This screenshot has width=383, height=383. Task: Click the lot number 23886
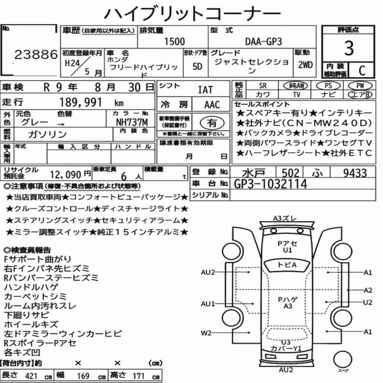(x=36, y=54)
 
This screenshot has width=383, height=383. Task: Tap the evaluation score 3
(x=349, y=48)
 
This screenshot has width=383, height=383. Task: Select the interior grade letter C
(x=362, y=70)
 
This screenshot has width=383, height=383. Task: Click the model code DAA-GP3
(x=264, y=41)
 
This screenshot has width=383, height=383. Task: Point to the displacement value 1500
(x=174, y=41)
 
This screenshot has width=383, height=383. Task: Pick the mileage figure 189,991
(x=80, y=102)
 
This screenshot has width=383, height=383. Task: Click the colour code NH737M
(x=132, y=122)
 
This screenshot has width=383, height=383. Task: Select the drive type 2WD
(x=305, y=65)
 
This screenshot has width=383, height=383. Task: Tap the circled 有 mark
(x=212, y=123)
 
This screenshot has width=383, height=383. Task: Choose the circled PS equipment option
(x=328, y=85)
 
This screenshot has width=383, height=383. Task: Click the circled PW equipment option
(x=360, y=85)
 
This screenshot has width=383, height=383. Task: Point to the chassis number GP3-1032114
(x=270, y=184)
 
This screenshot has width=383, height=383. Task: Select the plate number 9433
(x=355, y=173)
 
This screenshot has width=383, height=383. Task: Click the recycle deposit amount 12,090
(x=65, y=175)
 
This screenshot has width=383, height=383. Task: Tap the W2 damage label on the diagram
(x=206, y=333)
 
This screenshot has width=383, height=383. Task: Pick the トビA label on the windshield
(x=287, y=265)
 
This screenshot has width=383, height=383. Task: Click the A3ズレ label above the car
(x=285, y=218)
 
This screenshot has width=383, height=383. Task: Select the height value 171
(x=139, y=376)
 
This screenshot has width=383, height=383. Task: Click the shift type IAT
(x=205, y=90)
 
